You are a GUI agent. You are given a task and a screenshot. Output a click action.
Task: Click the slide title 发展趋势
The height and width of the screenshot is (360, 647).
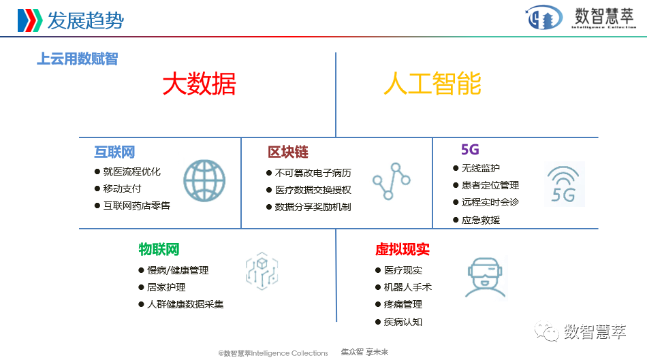pyautogui.click(x=85, y=20)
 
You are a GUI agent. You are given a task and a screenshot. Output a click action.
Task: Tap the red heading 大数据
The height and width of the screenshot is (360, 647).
pyautogui.click(x=199, y=84)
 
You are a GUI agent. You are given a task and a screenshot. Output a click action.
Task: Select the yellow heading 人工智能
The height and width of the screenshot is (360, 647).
pyautogui.click(x=432, y=84)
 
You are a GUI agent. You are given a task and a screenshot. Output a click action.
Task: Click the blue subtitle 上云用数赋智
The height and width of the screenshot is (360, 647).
pyautogui.click(x=77, y=59)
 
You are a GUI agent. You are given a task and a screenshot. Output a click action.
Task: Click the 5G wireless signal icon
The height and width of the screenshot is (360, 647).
pyautogui.click(x=563, y=184)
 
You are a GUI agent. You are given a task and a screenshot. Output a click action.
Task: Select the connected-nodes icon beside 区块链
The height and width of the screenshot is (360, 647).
pyautogui.click(x=391, y=181)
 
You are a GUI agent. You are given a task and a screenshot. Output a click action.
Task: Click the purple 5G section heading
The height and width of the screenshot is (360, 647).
pyautogui.click(x=470, y=150)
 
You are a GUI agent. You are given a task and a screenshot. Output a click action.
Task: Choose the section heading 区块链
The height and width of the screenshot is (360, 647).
pyautogui.click(x=288, y=152)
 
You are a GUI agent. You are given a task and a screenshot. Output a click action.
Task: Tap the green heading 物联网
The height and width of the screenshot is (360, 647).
pyautogui.click(x=159, y=250)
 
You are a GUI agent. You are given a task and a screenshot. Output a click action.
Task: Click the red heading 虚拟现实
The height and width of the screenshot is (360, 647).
pyautogui.click(x=403, y=250)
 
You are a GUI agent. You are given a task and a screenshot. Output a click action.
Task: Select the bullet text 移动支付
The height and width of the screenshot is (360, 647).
pyautogui.click(x=123, y=189)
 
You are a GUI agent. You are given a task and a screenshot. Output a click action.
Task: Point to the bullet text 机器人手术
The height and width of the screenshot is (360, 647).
pyautogui.click(x=408, y=287)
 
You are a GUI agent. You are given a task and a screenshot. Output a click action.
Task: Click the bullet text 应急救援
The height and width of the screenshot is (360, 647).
pyautogui.click(x=481, y=220)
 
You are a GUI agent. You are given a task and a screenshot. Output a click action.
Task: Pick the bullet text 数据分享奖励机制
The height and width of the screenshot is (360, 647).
pyautogui.click(x=313, y=207)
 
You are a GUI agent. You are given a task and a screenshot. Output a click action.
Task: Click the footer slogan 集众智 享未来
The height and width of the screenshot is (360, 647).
pyautogui.click(x=364, y=352)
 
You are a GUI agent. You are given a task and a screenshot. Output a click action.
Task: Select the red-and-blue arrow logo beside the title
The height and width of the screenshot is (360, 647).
pyautogui.click(x=29, y=20)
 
